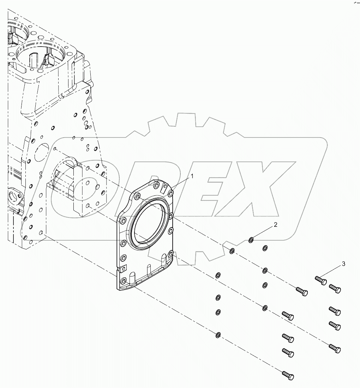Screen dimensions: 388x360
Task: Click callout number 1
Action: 192,175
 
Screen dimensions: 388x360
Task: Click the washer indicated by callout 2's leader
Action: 251,241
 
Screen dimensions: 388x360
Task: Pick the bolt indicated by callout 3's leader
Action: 320,280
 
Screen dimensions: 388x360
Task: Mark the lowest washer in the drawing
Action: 218,334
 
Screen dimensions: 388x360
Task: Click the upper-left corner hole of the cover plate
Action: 138,196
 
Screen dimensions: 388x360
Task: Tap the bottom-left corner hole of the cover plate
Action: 123,281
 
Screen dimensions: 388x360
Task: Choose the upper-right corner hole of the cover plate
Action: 171,192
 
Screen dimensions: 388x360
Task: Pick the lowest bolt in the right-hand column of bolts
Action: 335,348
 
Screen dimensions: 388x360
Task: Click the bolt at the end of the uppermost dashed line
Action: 301,291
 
